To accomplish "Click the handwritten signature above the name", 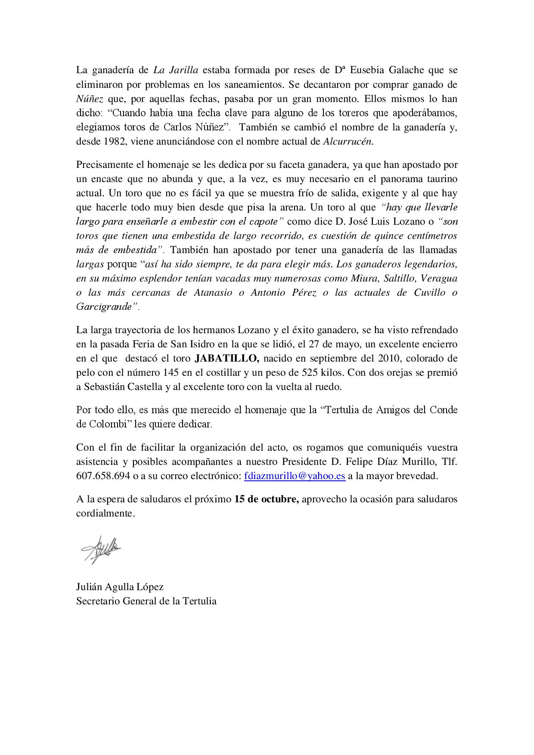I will coord(100,548).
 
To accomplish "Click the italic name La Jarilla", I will coord(176,70).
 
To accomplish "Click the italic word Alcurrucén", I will coord(348,142).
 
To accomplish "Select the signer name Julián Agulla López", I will coord(120,587).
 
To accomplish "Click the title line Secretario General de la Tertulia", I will coord(146,601).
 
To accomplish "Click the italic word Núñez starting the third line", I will coord(90,99).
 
